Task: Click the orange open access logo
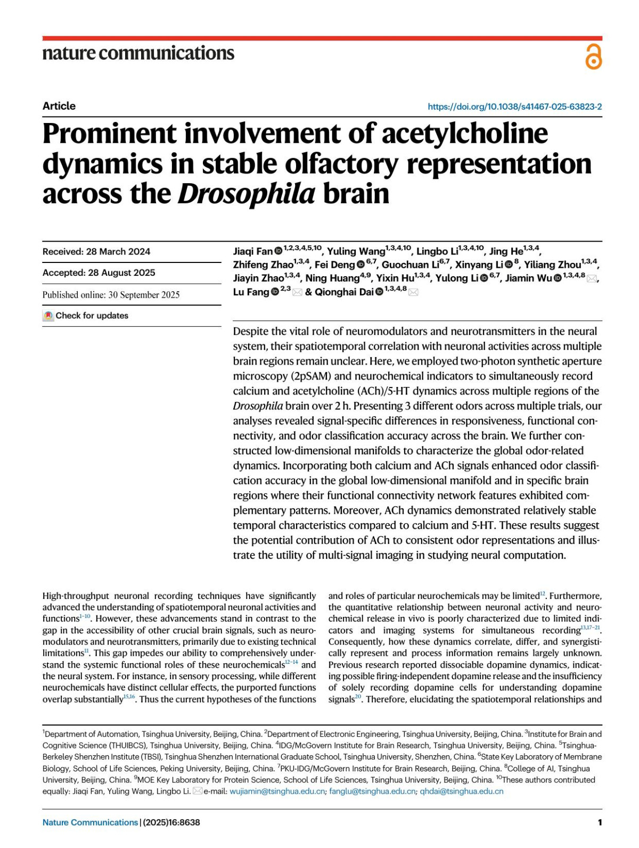[593, 57]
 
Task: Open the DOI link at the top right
[514, 106]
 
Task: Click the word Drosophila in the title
[247, 194]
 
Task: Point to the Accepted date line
[99, 273]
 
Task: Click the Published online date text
[111, 294]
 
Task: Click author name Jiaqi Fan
[253, 251]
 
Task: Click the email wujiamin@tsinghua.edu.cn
[277, 791]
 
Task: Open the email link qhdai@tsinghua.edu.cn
[461, 791]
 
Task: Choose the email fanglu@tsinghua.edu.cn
[372, 791]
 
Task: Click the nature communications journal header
[138, 53]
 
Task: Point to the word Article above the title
[59, 106]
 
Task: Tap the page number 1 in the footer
[600, 822]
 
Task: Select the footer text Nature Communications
[90, 822]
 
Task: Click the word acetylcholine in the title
[464, 134]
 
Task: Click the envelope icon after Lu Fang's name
[297, 292]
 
